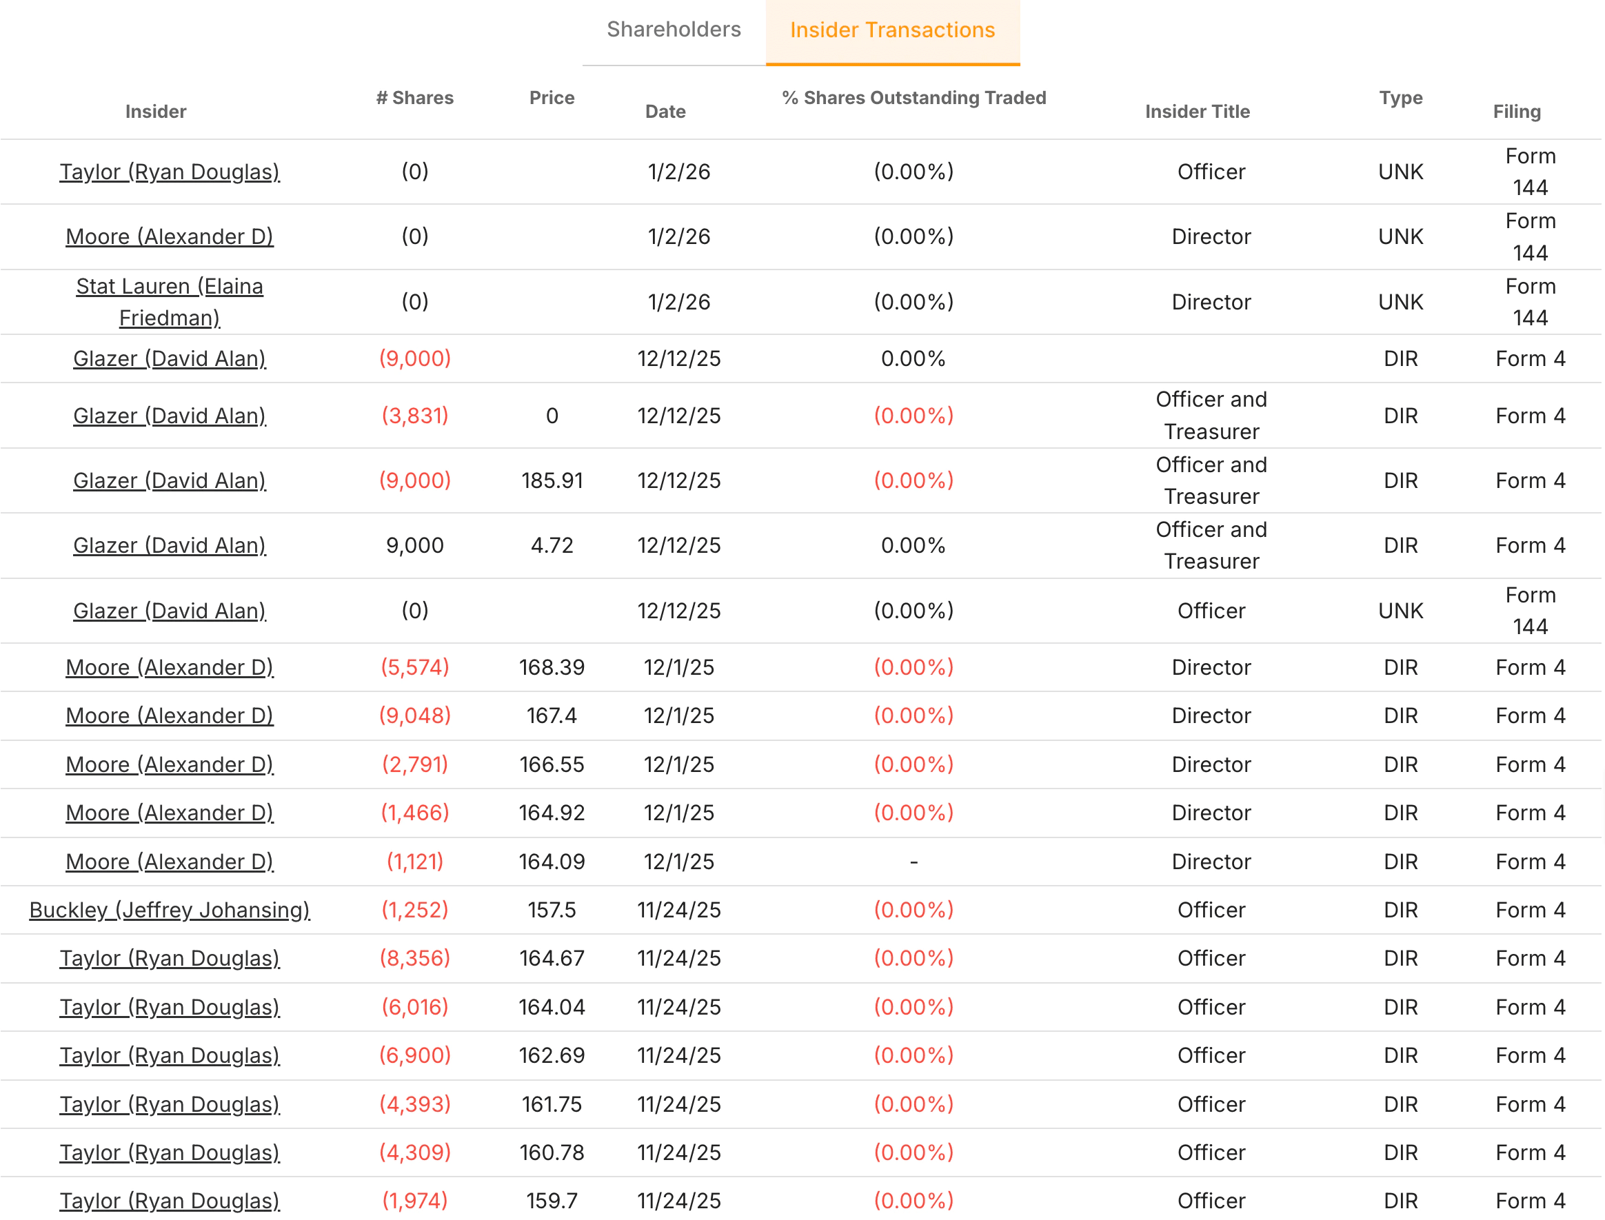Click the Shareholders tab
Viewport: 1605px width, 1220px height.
click(x=673, y=30)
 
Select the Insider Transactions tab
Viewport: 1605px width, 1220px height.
click(x=892, y=30)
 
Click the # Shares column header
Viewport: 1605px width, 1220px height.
click(x=414, y=98)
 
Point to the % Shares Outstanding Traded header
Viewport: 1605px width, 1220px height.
click(x=913, y=98)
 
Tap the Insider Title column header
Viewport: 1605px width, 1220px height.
click(x=1197, y=112)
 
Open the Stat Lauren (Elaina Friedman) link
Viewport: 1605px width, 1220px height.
click(x=169, y=302)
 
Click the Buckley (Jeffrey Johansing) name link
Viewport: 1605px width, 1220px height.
click(x=169, y=910)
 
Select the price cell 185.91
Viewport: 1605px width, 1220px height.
click(x=552, y=480)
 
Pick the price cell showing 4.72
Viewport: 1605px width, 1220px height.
click(x=552, y=545)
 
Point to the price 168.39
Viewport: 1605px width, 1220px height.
click(x=552, y=667)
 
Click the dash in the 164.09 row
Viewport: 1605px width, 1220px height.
click(x=913, y=862)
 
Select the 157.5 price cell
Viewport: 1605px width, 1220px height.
click(x=552, y=910)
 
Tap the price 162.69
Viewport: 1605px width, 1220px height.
click(x=552, y=1055)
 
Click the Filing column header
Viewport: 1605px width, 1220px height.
click(x=1516, y=112)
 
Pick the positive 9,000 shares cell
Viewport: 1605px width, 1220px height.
click(x=414, y=545)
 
